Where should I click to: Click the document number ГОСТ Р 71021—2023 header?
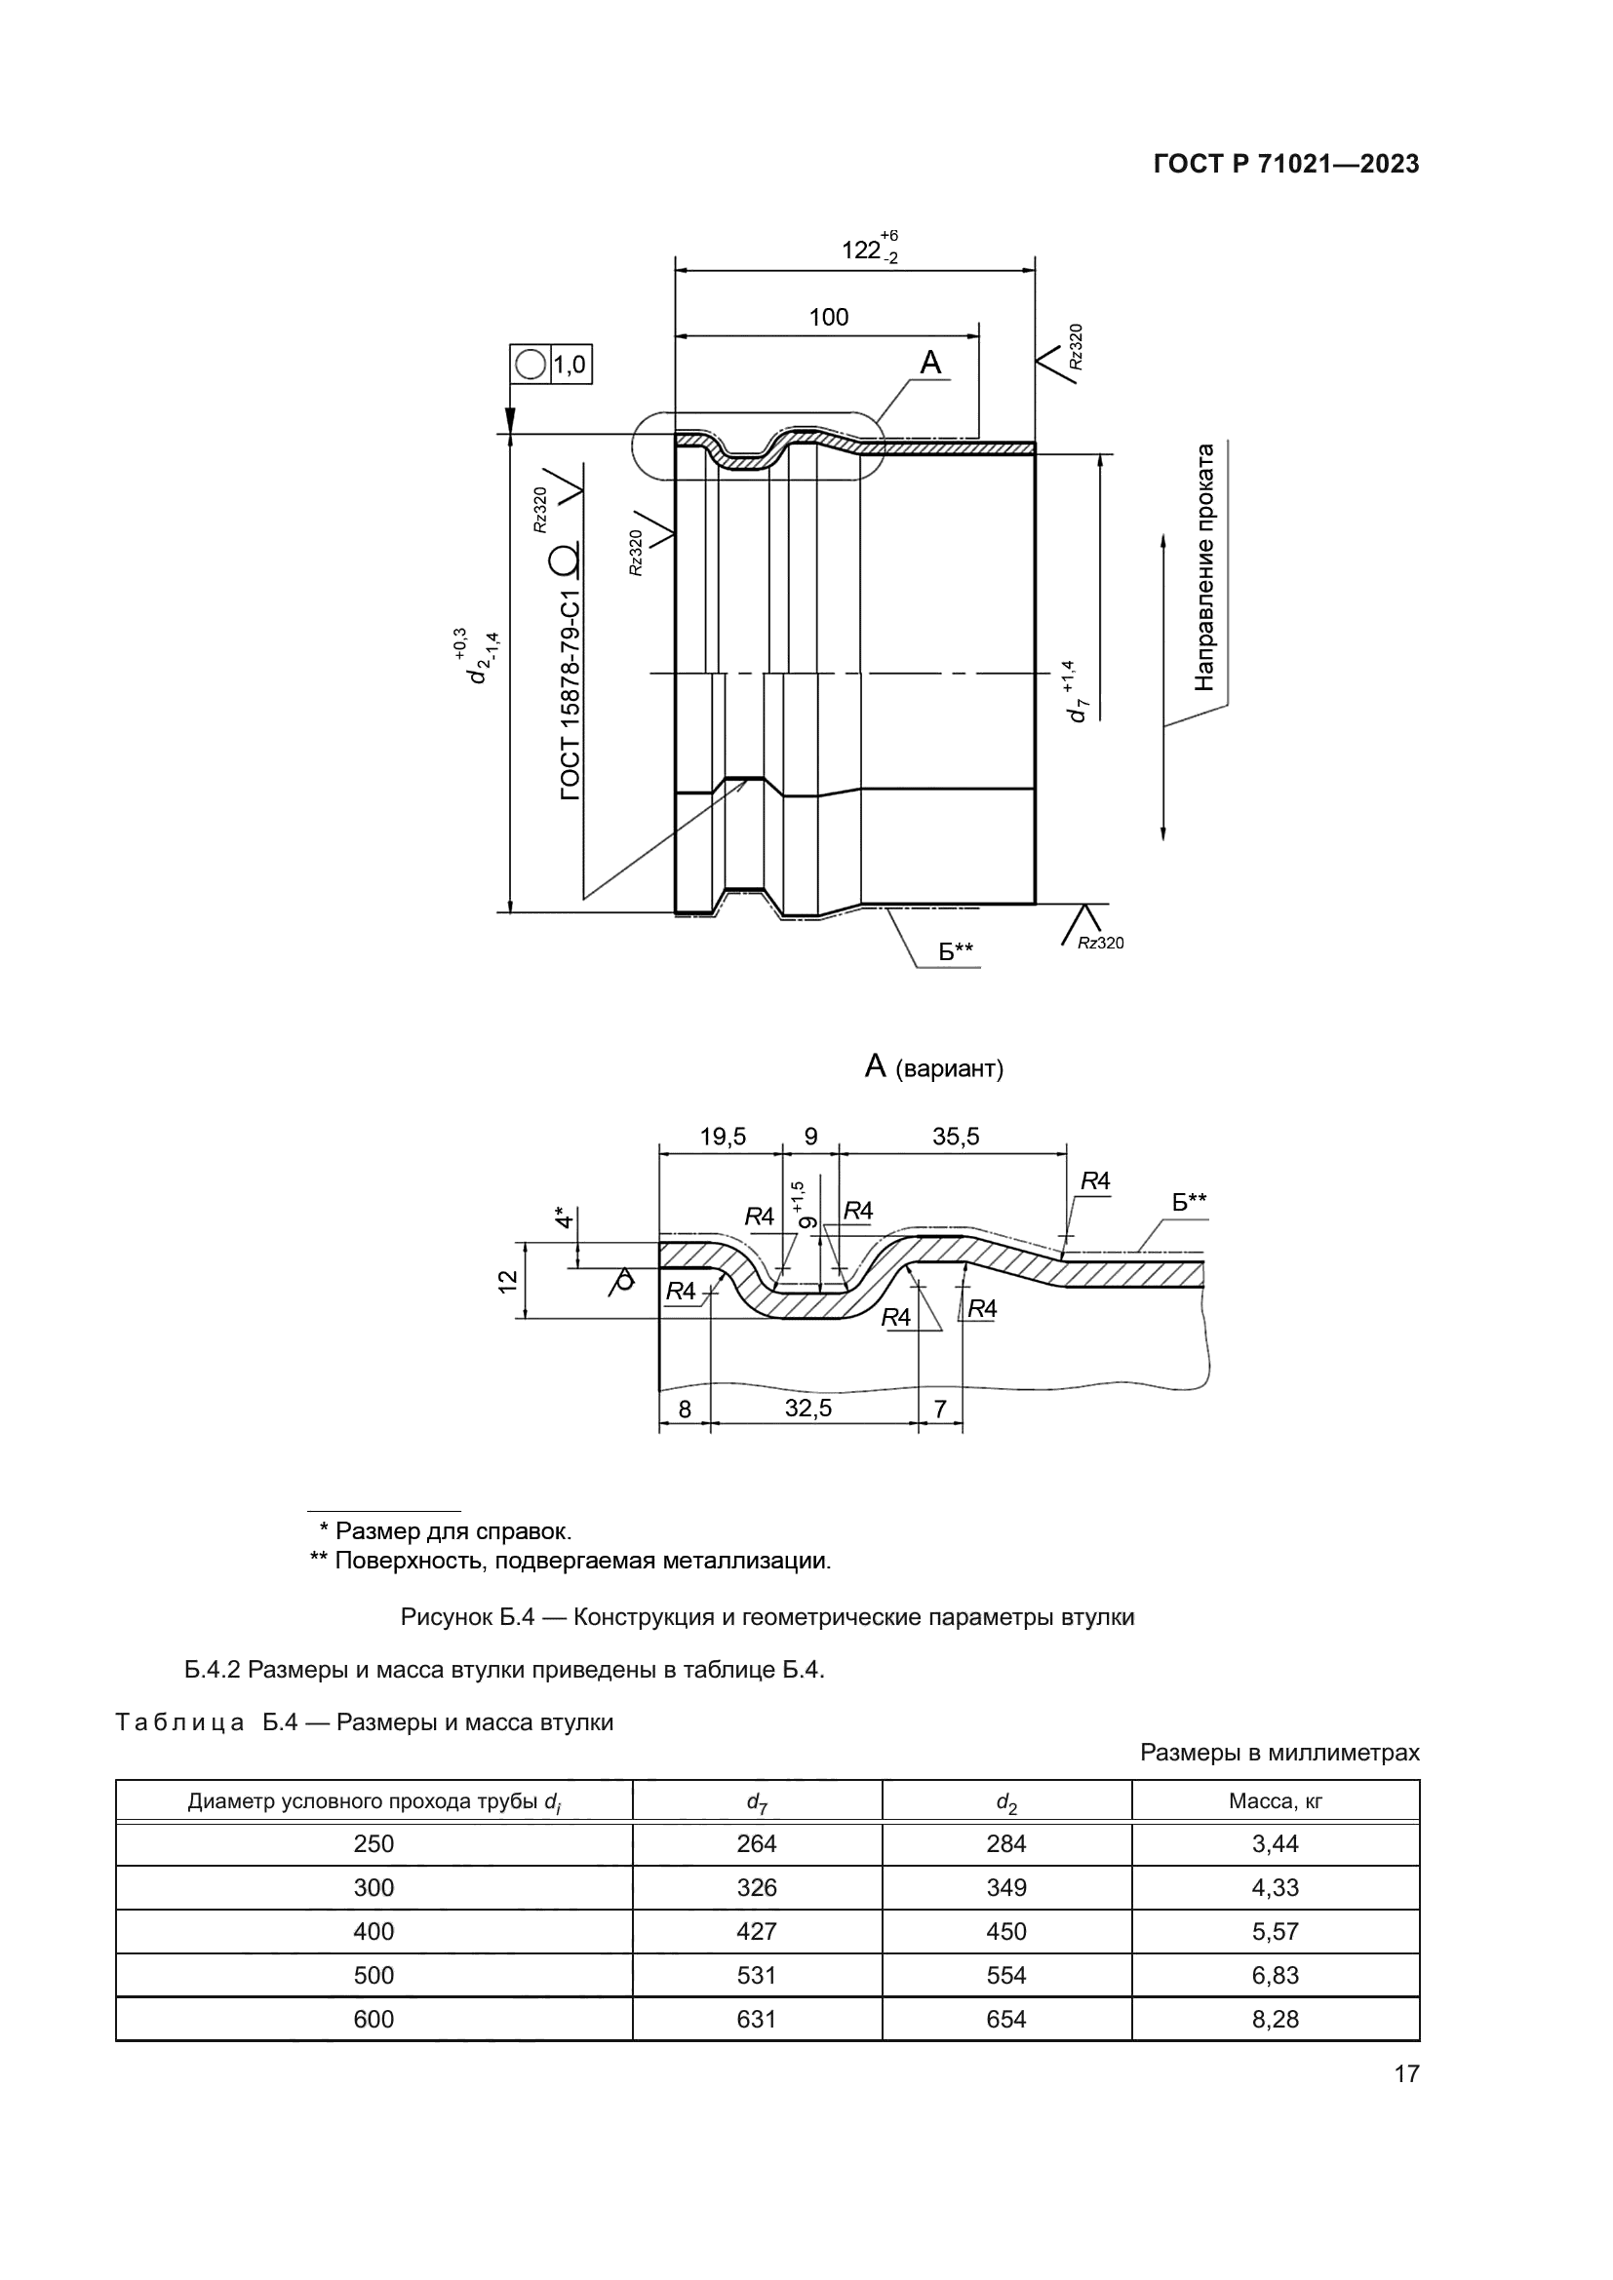pyautogui.click(x=1286, y=165)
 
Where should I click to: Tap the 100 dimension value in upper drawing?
pyautogui.click(x=828, y=318)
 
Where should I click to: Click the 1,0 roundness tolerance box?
pyautogui.click(x=569, y=366)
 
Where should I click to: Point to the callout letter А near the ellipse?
pyautogui.click(x=929, y=364)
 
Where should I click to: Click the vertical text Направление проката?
pyautogui.click(x=1204, y=567)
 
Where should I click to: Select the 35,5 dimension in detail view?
pyautogui.click(x=955, y=1137)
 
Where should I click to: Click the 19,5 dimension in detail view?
pyautogui.click(x=722, y=1137)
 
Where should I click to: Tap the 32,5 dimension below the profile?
pyautogui.click(x=807, y=1409)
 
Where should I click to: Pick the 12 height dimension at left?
pyautogui.click(x=507, y=1281)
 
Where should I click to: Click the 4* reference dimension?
pyautogui.click(x=563, y=1217)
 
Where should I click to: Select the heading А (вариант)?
pyautogui.click(x=933, y=1068)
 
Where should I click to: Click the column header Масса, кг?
pyautogui.click(x=1275, y=1801)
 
